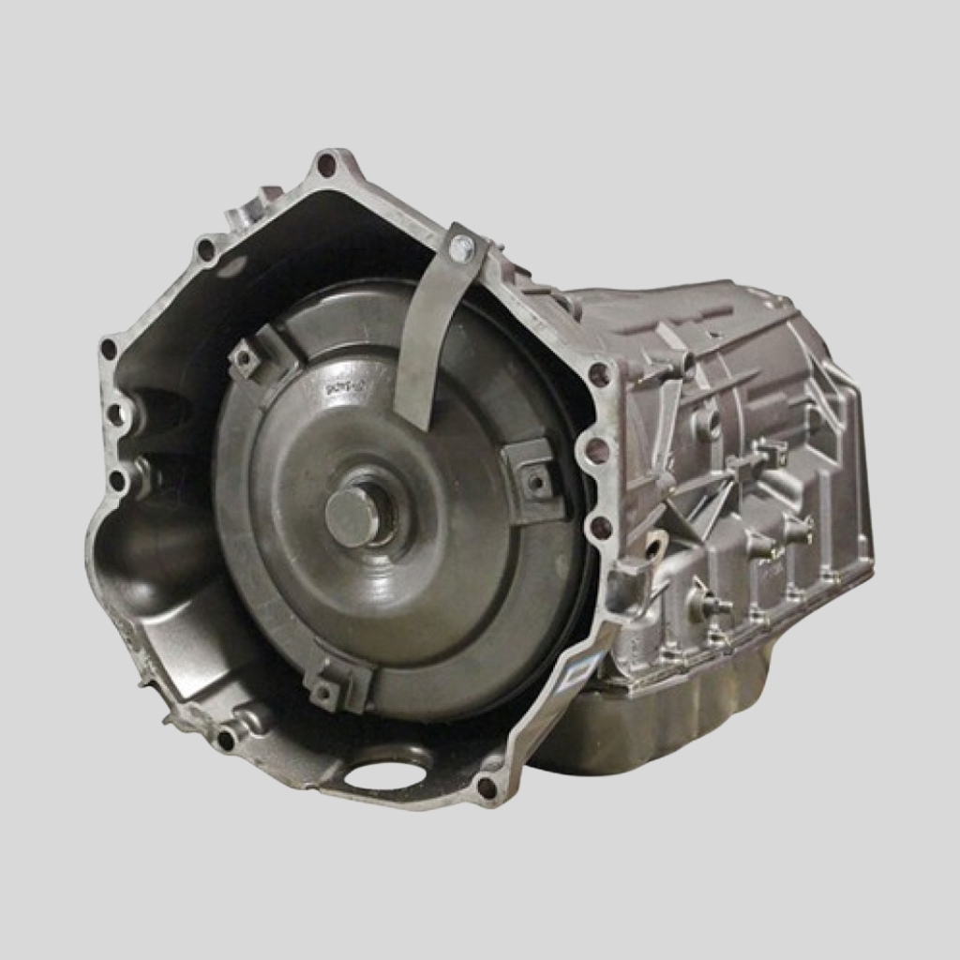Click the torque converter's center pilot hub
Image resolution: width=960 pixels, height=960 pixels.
pyautogui.click(x=354, y=515)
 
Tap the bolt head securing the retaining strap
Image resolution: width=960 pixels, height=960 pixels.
pyautogui.click(x=460, y=248)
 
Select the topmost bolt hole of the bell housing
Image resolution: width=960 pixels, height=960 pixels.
pyautogui.click(x=326, y=166)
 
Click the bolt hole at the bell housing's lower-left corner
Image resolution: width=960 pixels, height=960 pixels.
pyautogui.click(x=226, y=740)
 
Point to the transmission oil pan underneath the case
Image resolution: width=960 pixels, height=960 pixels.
pyautogui.click(x=647, y=722)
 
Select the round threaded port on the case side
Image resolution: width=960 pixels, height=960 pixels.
pyautogui.click(x=708, y=422)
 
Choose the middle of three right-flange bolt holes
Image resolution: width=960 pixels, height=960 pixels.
pyautogui.click(x=596, y=451)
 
